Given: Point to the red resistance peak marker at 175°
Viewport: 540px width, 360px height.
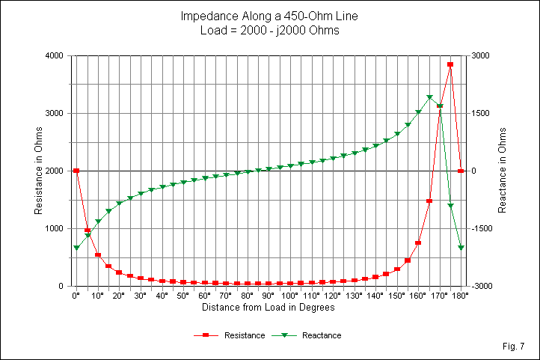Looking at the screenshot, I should pyautogui.click(x=450, y=64).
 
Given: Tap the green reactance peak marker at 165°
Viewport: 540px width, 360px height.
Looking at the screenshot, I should pyautogui.click(x=429, y=97).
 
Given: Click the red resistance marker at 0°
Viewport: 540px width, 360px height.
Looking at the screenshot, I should pyautogui.click(x=76, y=171).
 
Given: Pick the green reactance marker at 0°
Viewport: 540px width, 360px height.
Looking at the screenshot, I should pyautogui.click(x=76, y=247).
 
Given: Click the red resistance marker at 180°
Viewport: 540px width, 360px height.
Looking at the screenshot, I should pyautogui.click(x=461, y=171).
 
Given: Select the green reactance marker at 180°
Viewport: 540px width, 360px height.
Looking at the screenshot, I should pyautogui.click(x=461, y=247).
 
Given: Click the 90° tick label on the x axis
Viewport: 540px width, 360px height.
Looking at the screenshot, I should pyautogui.click(x=269, y=296).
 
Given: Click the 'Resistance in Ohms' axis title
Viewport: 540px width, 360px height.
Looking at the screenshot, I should pyautogui.click(x=37, y=171).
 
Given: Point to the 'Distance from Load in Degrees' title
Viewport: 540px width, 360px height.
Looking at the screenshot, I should pyautogui.click(x=269, y=308).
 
